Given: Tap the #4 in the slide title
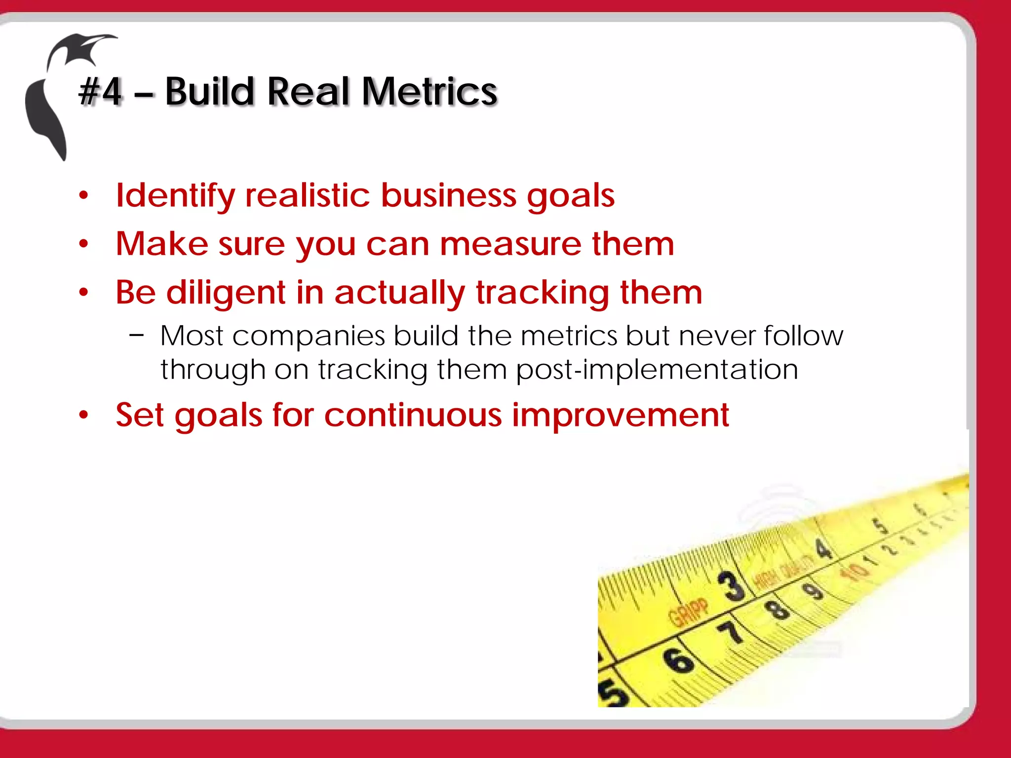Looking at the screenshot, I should [x=101, y=92].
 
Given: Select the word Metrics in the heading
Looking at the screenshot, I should [x=429, y=92].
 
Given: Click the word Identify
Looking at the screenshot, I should [x=175, y=196].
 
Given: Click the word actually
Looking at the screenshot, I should [x=399, y=293].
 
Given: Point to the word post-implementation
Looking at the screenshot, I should [x=657, y=370].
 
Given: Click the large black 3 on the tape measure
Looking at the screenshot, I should [x=731, y=586].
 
